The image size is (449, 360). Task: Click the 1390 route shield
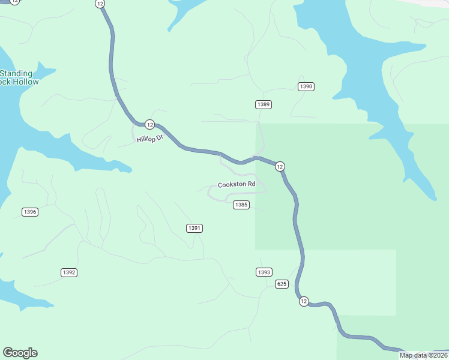(306, 87)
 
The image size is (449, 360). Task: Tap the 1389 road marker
(263, 104)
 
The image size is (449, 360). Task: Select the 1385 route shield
(241, 205)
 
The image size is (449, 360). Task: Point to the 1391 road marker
(194, 228)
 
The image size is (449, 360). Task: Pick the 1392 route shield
(69, 272)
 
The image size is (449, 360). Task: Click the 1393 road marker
(264, 272)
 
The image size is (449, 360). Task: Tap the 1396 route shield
(29, 212)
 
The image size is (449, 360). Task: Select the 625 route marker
(282, 283)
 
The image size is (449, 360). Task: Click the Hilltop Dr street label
(149, 139)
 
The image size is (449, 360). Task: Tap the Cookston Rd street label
(237, 184)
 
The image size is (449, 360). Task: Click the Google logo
(20, 353)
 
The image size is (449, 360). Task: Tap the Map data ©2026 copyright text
(423, 355)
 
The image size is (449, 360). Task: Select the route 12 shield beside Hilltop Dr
(149, 125)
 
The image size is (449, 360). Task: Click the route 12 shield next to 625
(304, 301)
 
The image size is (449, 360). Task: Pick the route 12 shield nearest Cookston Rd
(280, 166)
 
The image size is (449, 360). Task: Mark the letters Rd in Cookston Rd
(251, 184)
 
